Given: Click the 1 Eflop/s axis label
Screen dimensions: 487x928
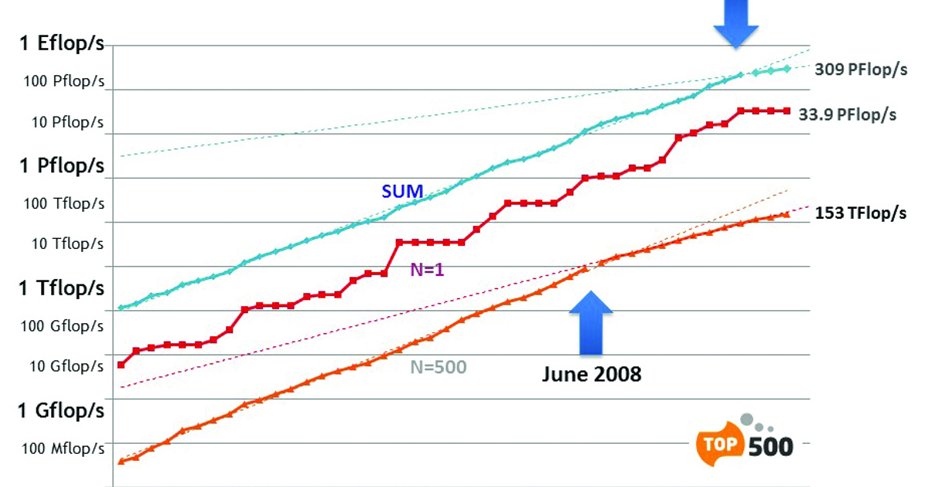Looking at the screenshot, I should tap(62, 43).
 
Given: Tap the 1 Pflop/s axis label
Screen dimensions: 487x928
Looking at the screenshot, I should tap(62, 165).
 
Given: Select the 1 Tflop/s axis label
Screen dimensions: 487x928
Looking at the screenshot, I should tap(62, 288).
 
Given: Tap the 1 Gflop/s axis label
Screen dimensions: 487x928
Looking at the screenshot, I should tap(62, 410).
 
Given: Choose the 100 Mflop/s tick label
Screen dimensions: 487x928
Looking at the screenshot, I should tap(63, 448).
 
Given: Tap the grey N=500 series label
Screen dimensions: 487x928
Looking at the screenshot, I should tap(438, 366).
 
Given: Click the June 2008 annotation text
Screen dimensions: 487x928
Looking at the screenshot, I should tap(591, 375).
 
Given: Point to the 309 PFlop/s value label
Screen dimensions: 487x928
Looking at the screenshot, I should tap(860, 69).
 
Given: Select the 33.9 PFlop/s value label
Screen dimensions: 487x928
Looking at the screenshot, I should tap(847, 114).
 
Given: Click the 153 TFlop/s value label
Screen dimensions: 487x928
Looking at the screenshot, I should tap(861, 213).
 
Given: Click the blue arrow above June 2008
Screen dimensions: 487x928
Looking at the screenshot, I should tap(591, 324).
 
